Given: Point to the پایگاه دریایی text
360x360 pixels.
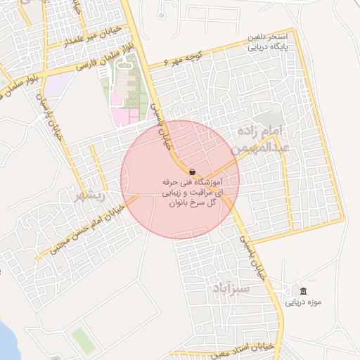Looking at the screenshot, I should [268, 50].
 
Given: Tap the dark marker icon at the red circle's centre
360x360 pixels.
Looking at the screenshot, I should [192, 172].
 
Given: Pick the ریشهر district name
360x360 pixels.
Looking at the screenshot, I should [90, 196].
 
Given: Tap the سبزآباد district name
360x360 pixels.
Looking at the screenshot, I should [229, 289].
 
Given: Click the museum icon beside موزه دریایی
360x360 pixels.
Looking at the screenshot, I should [303, 292].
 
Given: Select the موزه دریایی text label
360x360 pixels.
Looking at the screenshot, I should [303, 303].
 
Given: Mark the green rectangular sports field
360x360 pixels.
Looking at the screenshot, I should [82, 340].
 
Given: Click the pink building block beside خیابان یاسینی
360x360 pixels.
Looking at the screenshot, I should [120, 114].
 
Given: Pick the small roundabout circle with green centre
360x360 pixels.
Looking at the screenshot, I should [161, 15].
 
